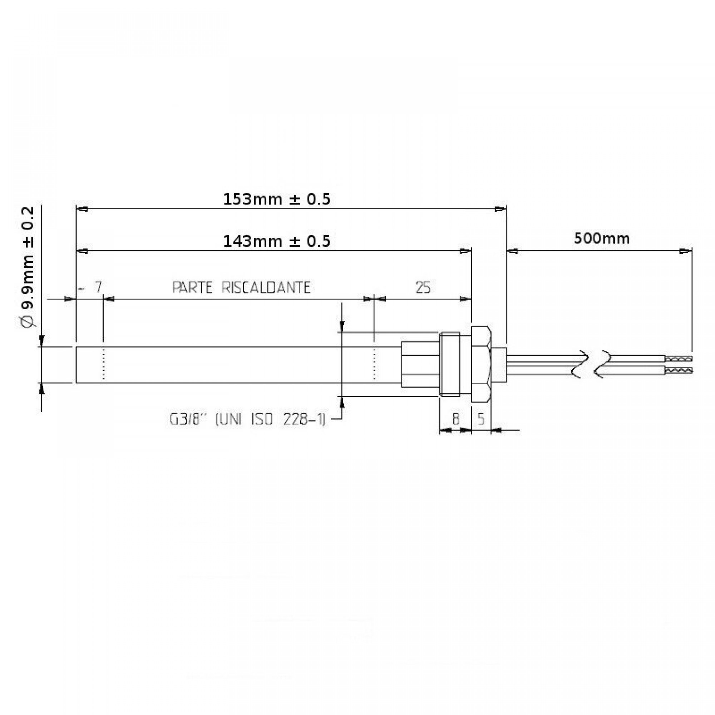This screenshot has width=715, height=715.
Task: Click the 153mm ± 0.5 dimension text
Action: point(276,199)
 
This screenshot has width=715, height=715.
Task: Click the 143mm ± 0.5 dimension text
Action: point(276,241)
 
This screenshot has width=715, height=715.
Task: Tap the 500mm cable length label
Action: point(601,238)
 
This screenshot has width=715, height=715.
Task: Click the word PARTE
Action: point(192,287)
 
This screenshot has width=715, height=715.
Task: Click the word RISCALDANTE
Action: point(266,287)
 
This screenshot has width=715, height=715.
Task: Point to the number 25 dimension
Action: point(423,287)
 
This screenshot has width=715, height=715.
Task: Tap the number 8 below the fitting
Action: point(455,419)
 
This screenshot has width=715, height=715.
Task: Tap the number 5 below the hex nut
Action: point(480,419)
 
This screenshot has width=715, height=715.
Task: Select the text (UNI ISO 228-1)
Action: point(270,419)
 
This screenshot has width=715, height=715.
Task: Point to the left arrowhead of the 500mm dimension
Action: point(512,251)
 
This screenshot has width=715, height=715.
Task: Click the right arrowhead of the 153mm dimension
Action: point(501,209)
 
